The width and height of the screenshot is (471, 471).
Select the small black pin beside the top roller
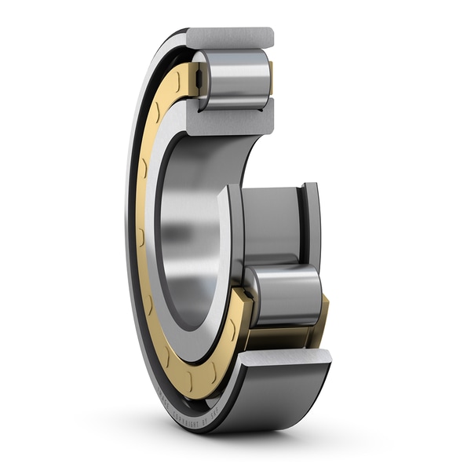(200, 78)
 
